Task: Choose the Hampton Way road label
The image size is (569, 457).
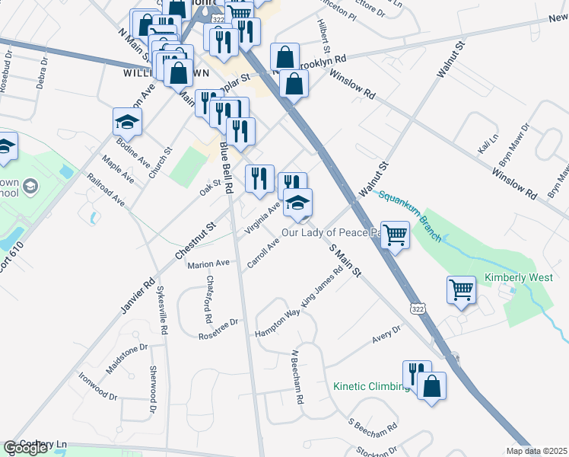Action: [277, 318]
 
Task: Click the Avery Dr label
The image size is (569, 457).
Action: [386, 333]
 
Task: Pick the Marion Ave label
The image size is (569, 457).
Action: [208, 264]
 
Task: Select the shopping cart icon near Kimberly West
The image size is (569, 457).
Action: [462, 290]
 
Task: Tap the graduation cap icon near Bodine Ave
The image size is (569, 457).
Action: [127, 122]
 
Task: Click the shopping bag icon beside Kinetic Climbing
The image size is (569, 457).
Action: [431, 385]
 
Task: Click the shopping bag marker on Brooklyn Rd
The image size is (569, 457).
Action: [284, 56]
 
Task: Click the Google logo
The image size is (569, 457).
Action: [25, 448]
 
